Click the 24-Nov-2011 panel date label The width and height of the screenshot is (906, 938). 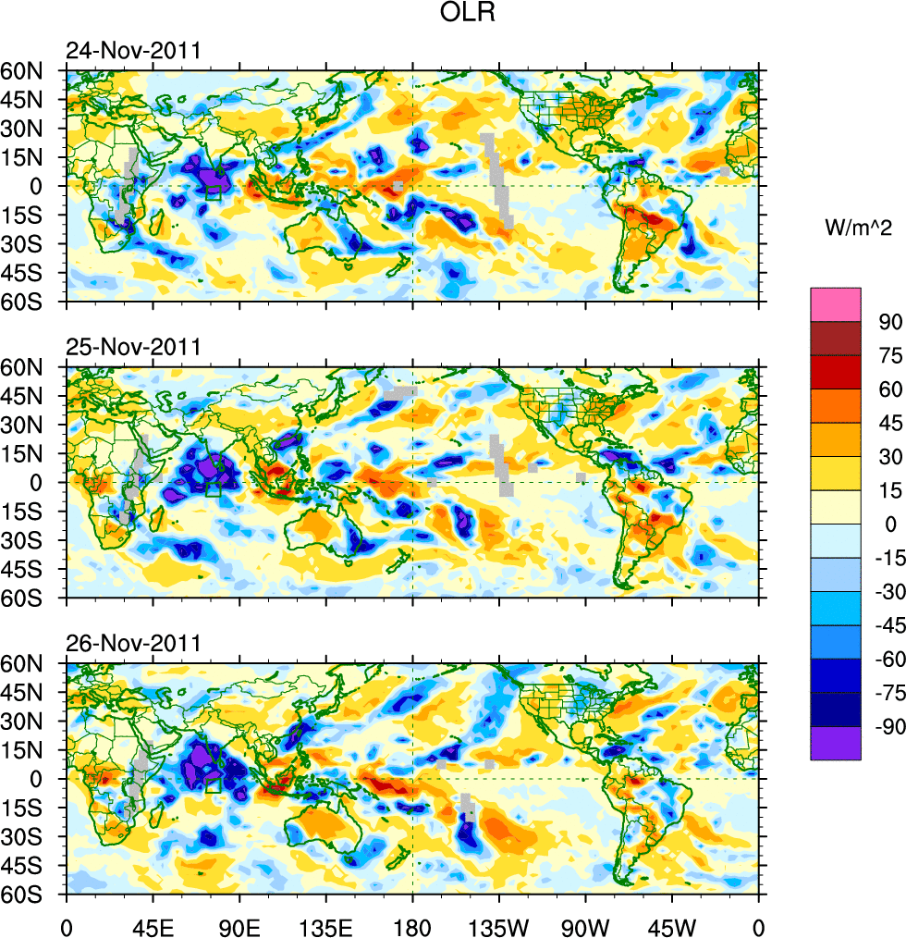click(x=132, y=51)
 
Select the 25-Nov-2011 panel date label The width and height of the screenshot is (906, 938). click(x=132, y=348)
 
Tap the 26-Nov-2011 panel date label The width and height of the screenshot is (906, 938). click(x=132, y=644)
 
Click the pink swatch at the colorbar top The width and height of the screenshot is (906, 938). click(x=836, y=304)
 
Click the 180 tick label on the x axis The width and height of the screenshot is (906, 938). click(x=412, y=925)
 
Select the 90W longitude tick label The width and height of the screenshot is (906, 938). click(x=585, y=925)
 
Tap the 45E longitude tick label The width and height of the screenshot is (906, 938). click(x=152, y=925)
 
